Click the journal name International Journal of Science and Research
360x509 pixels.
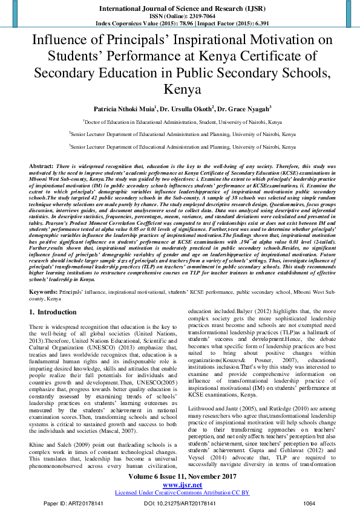[179, 9]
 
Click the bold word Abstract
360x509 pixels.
[41, 164]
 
